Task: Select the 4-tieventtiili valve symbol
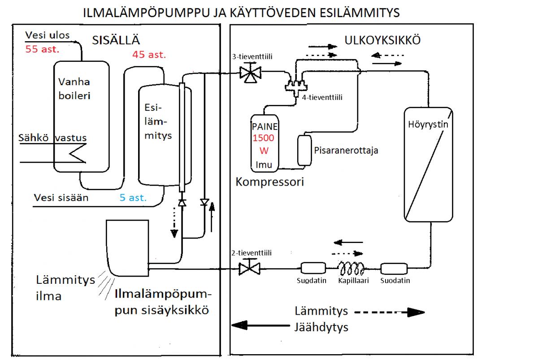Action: [x=296, y=85]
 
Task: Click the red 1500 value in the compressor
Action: [x=264, y=138]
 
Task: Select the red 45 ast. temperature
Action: [x=149, y=55]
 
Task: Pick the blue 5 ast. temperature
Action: [x=133, y=197]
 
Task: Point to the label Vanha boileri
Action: [x=74, y=89]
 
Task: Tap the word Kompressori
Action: [x=270, y=182]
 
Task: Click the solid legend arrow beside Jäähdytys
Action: [x=260, y=326]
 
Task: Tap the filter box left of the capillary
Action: [x=312, y=269]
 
